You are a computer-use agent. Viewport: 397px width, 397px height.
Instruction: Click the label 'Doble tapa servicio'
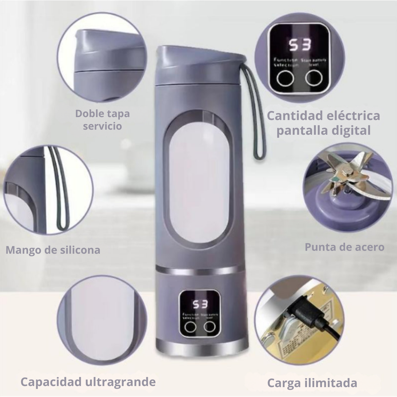102,120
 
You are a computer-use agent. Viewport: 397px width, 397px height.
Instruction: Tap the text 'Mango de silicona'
53,250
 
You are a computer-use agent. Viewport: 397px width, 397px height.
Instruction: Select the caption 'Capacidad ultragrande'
88,382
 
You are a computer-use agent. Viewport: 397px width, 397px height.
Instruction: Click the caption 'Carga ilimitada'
312,383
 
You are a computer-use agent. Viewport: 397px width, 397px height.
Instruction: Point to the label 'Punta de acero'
344,247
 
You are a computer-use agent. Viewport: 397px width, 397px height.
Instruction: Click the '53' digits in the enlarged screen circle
300,45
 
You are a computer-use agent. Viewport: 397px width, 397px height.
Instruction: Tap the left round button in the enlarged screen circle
285,79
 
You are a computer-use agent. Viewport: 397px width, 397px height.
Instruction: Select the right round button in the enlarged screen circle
314,78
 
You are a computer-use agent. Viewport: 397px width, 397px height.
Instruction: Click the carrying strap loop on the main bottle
257,115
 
